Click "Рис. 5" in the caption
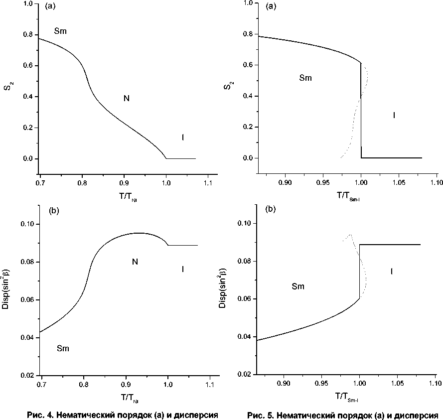(259, 415)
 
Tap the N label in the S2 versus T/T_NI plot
(127, 99)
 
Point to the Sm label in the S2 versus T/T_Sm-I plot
(305, 78)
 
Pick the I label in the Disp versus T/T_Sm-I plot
(391, 272)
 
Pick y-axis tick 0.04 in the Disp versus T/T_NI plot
(28, 338)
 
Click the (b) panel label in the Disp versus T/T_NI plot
(54, 211)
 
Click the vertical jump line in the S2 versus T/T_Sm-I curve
(361, 110)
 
